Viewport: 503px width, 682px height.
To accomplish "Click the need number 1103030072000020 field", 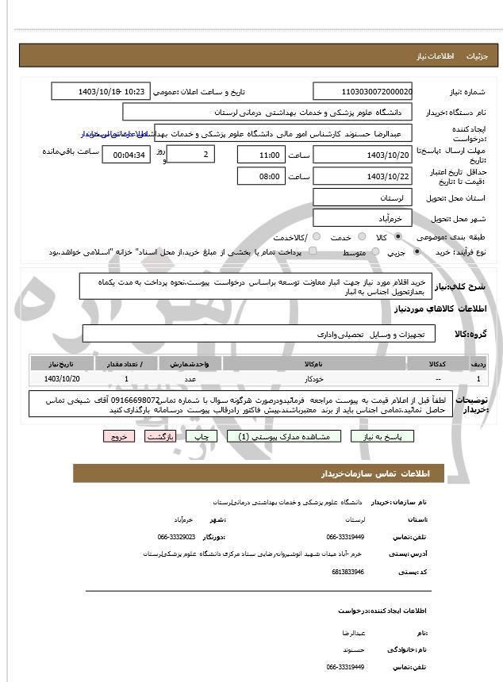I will point(363,92).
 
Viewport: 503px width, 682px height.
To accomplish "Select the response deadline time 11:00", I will point(261,155).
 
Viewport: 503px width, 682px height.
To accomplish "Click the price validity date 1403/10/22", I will point(363,176).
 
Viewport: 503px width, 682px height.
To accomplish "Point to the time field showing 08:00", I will point(261,176).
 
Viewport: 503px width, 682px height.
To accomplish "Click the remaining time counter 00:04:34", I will point(126,155).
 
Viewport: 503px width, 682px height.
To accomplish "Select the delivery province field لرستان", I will point(363,197).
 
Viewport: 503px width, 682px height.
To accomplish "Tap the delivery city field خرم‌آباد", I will point(363,217).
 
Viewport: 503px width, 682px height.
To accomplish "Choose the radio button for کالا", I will point(397,237).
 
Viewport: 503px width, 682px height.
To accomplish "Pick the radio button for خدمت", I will point(361,237).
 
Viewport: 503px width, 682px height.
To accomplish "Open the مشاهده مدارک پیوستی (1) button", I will point(283,436).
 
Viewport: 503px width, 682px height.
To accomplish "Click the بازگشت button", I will point(159,436).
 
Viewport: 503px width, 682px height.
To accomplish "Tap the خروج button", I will point(118,436).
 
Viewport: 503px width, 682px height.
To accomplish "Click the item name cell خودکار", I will point(313,380).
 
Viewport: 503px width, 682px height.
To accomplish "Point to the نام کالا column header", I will point(313,363).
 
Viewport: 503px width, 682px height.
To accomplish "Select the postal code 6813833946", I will point(348,571).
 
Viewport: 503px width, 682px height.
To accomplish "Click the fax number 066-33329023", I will point(176,537).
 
